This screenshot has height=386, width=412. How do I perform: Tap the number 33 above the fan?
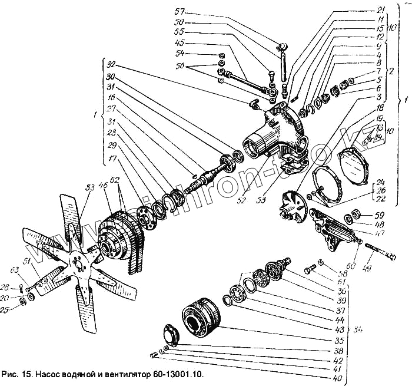point(90,187)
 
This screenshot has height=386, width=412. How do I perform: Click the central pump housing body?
point(277,133)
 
